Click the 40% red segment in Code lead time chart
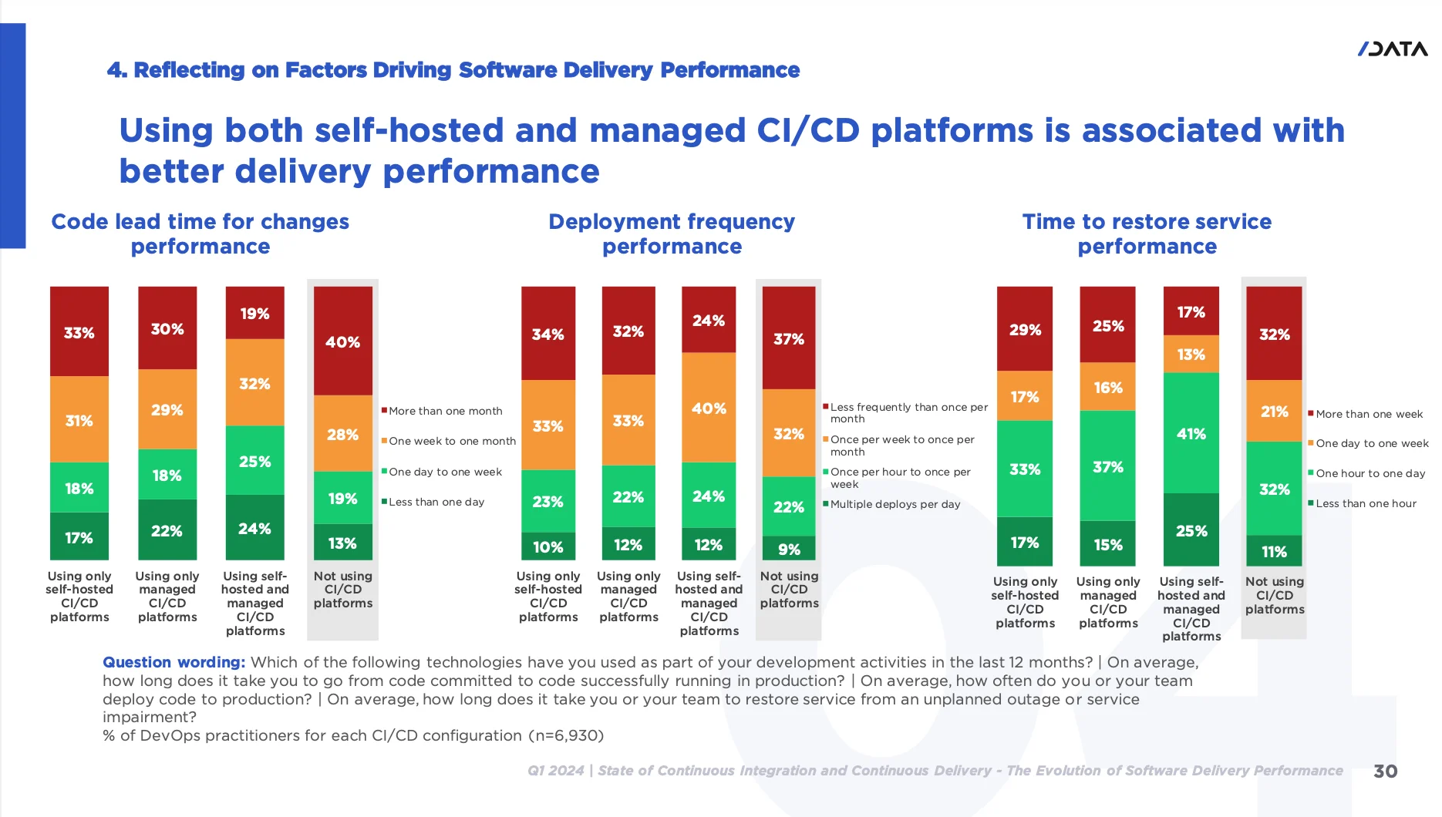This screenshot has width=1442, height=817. tap(342, 341)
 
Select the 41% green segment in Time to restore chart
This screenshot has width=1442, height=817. tap(1191, 433)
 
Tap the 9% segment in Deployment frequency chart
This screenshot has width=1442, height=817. tap(788, 549)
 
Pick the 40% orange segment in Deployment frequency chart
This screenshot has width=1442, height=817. tap(708, 408)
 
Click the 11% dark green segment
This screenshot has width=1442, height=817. tap(1274, 551)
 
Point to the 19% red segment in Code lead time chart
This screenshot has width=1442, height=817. tap(254, 313)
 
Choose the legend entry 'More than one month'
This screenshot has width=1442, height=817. tap(445, 411)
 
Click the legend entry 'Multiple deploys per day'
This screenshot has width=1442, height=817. tap(895, 504)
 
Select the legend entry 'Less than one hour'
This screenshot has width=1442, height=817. tap(1366, 503)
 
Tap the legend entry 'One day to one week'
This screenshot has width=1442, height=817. tap(445, 472)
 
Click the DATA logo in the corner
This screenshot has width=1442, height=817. tap(1392, 49)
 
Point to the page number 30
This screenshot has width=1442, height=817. tap(1385, 771)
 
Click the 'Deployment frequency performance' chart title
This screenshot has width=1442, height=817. tap(672, 234)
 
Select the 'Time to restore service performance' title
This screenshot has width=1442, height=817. tap(1147, 234)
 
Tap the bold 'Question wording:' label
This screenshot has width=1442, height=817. tap(174, 662)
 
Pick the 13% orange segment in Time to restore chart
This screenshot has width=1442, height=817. tap(1191, 354)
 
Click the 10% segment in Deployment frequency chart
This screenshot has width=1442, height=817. tap(547, 546)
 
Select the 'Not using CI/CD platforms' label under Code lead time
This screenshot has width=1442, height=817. tap(342, 590)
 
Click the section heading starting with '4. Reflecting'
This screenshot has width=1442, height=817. tap(453, 70)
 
